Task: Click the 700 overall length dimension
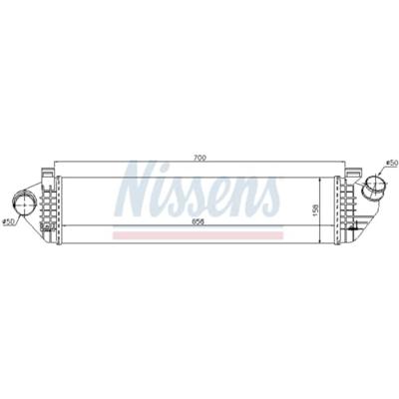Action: coord(199,158)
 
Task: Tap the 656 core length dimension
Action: coord(199,222)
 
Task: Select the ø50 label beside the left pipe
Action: coord(8,222)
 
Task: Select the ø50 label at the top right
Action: coord(392,163)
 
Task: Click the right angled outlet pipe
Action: coord(375,188)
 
